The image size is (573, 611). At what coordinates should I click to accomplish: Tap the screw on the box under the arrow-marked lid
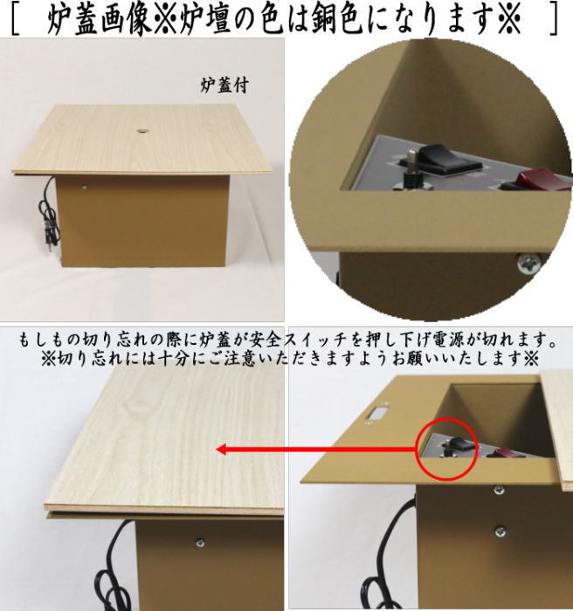[200, 543]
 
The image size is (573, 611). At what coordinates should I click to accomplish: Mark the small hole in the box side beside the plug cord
[84, 187]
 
